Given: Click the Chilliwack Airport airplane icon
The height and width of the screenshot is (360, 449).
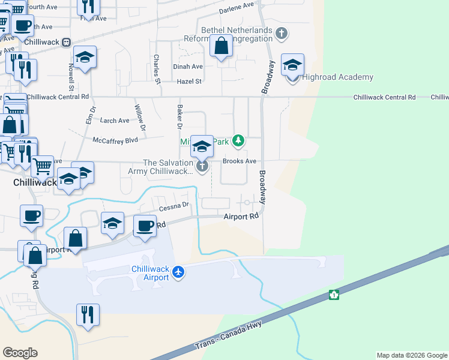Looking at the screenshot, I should click(178, 272).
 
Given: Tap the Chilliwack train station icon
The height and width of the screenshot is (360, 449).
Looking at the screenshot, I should click(65, 42).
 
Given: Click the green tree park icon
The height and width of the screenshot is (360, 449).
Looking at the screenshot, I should click(239, 141).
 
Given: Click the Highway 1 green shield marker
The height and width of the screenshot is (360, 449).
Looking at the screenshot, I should click(333, 295).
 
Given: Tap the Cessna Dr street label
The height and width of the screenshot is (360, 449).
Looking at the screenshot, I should click(174, 205).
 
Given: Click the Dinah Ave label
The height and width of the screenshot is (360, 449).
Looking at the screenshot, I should click(188, 67).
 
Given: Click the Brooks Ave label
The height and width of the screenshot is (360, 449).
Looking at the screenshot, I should click(240, 161).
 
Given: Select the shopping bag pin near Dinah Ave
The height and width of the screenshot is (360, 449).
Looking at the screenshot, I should click(221, 46).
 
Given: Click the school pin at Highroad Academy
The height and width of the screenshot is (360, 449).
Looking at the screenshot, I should click(292, 65).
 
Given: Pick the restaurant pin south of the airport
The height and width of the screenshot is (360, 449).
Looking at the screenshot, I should click(88, 315).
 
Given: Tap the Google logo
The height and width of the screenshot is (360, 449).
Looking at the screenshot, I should click(20, 353).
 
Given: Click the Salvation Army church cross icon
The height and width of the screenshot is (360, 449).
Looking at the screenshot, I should click(202, 166).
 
